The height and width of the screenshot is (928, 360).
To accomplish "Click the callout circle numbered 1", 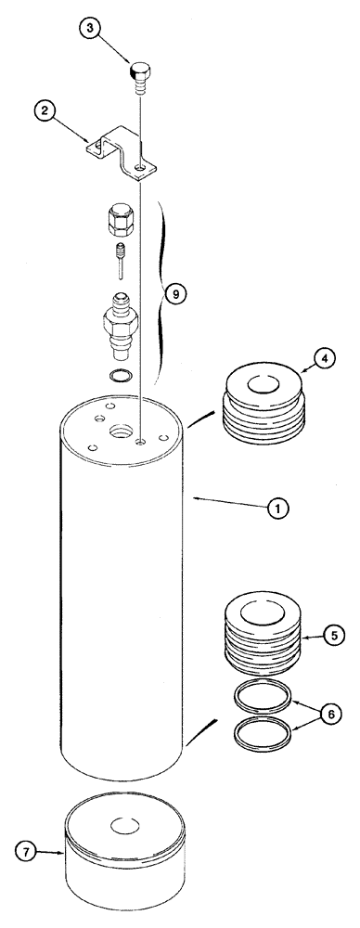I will pyautogui.click(x=276, y=509).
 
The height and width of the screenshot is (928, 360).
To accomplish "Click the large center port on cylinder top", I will pyautogui.click(x=121, y=432).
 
